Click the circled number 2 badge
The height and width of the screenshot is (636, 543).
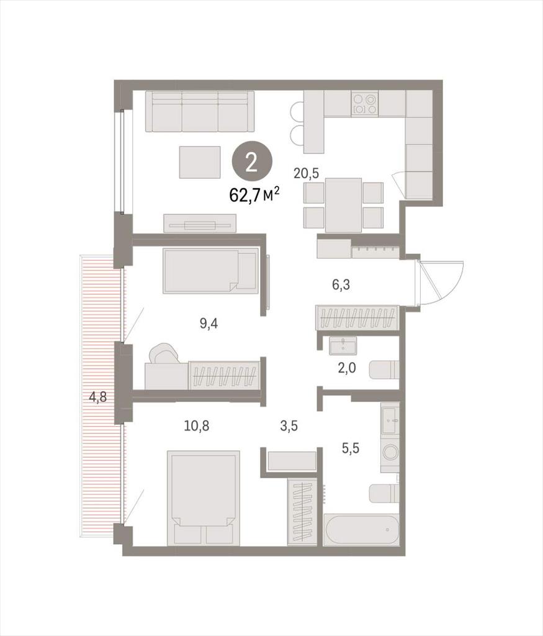click(252, 163)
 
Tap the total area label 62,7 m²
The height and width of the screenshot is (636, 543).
click(255, 196)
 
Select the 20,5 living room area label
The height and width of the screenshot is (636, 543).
click(307, 174)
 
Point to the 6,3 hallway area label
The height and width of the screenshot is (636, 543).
click(341, 285)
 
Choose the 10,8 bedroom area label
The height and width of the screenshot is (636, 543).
click(197, 426)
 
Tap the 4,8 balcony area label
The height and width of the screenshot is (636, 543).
click(97, 397)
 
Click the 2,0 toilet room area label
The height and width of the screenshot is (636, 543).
click(347, 368)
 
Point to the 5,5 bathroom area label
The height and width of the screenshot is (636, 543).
click(351, 448)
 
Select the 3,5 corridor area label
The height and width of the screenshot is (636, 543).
click(289, 426)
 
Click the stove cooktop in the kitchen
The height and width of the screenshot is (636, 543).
click(365, 104)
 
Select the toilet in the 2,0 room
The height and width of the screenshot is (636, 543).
click(384, 370)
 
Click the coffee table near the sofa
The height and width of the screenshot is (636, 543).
click(200, 162)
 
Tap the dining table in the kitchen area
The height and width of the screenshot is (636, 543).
click(343, 205)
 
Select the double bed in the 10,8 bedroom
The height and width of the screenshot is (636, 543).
click(203, 497)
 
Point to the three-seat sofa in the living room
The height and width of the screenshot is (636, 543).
click(200, 111)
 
